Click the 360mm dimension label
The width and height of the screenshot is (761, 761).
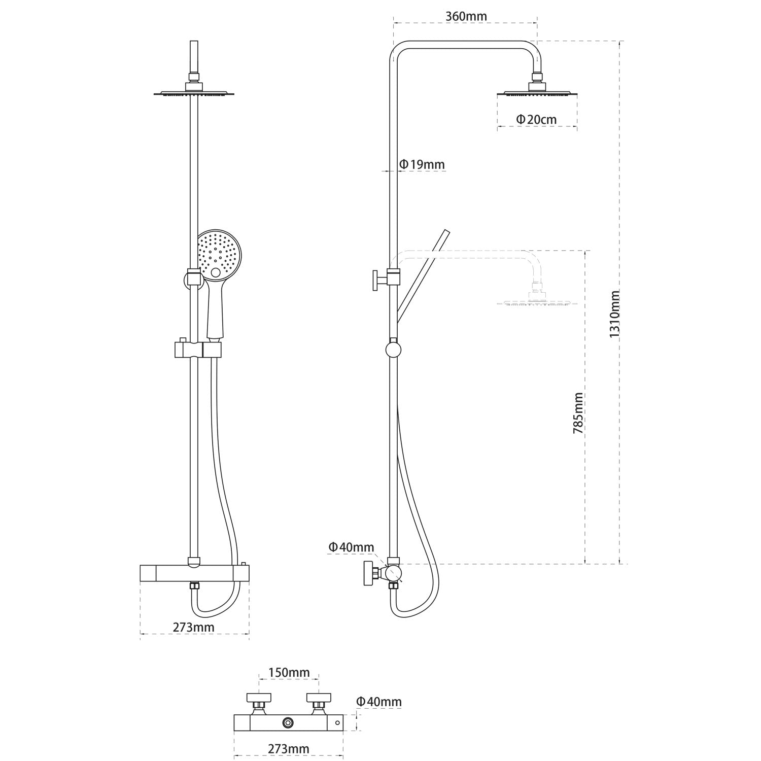466,16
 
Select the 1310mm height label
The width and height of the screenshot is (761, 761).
615,314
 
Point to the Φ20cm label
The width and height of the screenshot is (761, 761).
536,119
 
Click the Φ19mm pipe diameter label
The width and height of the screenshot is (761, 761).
422,164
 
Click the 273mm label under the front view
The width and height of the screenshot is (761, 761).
193,627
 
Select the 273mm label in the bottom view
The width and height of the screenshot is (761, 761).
289,749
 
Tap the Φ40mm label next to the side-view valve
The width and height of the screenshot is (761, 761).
351,547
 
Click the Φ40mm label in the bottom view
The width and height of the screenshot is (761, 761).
378,702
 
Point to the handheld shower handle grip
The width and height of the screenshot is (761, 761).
215,309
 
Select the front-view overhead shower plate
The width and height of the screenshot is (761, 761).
194,93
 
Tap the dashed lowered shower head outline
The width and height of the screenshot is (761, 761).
537,303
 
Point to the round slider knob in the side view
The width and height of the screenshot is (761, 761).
393,350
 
